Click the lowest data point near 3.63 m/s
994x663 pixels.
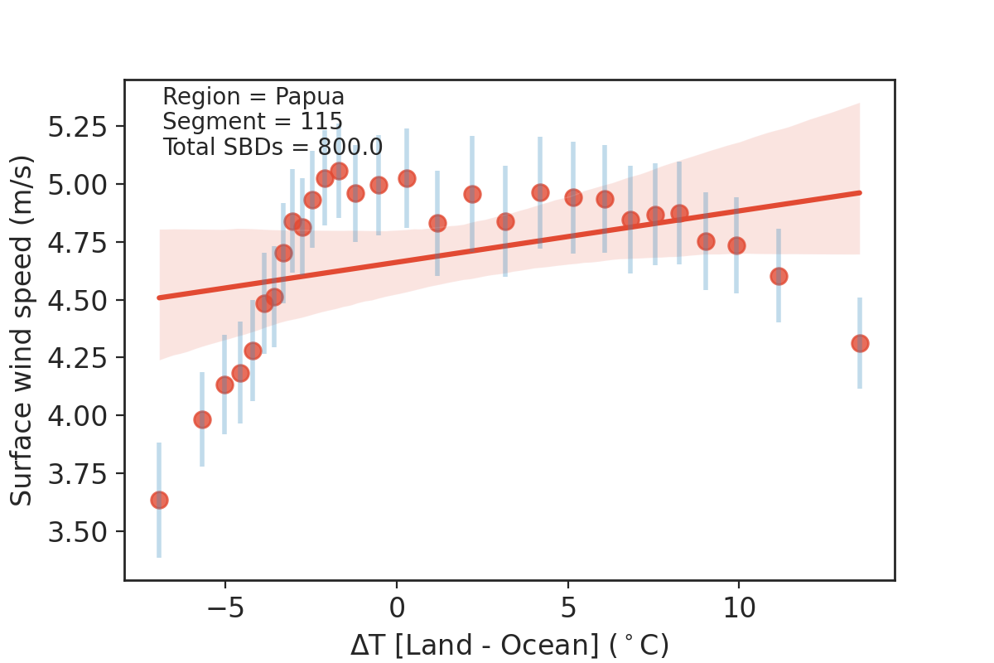pos(159,500)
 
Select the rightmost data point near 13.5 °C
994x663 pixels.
pos(860,343)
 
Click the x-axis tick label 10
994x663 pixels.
pos(738,607)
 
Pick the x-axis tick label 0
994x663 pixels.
pos(397,607)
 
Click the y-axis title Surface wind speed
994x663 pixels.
pos(22,330)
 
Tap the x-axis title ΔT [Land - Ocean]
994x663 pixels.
pos(509,645)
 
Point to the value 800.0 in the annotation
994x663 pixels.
pos(350,148)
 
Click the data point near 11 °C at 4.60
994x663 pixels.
pos(779,276)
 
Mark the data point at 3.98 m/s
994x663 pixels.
pos(202,419)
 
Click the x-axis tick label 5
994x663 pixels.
pos(567,607)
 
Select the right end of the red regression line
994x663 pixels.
pos(860,192)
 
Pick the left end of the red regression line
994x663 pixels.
pos(159,297)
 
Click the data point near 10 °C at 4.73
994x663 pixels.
pos(736,245)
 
